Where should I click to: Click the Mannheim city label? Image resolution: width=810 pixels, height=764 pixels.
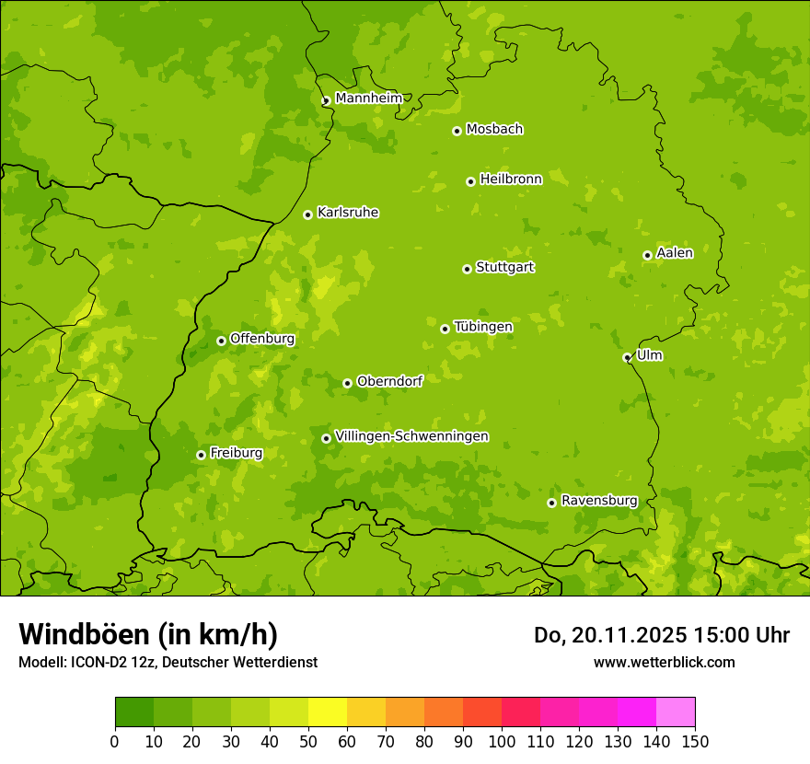(x=368, y=98)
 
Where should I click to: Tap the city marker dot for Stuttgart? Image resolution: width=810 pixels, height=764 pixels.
(x=467, y=269)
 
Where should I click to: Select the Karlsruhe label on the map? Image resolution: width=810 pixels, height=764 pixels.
(x=348, y=213)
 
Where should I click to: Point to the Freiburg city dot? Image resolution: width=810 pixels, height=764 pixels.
(x=201, y=455)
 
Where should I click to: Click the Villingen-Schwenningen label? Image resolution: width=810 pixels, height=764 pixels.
(x=411, y=436)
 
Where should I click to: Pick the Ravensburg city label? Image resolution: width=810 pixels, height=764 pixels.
(x=598, y=501)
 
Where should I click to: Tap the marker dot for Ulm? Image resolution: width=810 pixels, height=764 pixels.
(x=627, y=357)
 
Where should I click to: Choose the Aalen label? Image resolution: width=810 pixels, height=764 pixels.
(x=674, y=253)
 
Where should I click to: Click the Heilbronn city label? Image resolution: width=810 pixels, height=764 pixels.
(x=511, y=179)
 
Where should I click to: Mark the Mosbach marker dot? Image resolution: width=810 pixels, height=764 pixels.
(x=457, y=131)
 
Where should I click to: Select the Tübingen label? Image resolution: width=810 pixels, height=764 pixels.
(x=483, y=327)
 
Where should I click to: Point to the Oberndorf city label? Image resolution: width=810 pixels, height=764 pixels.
(x=389, y=381)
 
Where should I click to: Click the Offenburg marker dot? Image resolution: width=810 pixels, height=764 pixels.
(x=221, y=341)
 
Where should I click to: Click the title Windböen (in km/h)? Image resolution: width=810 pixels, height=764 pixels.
(x=148, y=634)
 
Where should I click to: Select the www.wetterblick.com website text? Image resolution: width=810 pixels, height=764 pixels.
(x=664, y=662)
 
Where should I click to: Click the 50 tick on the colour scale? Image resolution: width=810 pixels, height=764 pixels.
(x=308, y=742)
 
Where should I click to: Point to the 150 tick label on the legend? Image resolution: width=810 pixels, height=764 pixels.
(x=695, y=742)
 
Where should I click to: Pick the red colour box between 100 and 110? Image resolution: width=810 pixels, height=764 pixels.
(x=521, y=712)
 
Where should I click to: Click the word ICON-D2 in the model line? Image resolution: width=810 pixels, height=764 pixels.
(x=96, y=662)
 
